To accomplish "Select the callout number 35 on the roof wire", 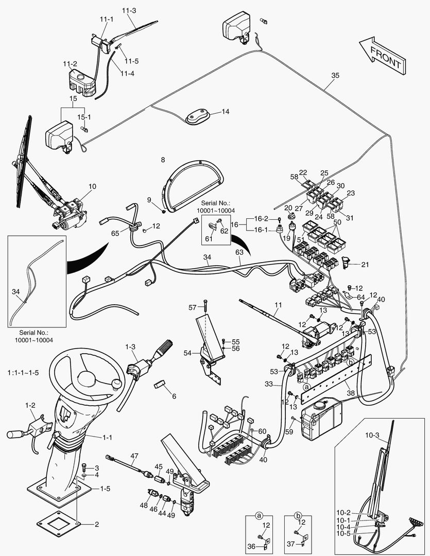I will click(335, 75).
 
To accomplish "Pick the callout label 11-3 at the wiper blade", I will click(129, 10).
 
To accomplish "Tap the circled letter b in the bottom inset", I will click(298, 515).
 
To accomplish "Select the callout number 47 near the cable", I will click(134, 456).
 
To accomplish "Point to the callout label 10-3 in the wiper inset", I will click(372, 436).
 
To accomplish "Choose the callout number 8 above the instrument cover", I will click(163, 160).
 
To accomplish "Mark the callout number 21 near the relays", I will click(365, 265).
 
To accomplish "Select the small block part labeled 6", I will click(159, 384).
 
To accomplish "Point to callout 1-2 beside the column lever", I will click(30, 405).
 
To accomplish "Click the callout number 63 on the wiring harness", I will click(239, 252).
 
